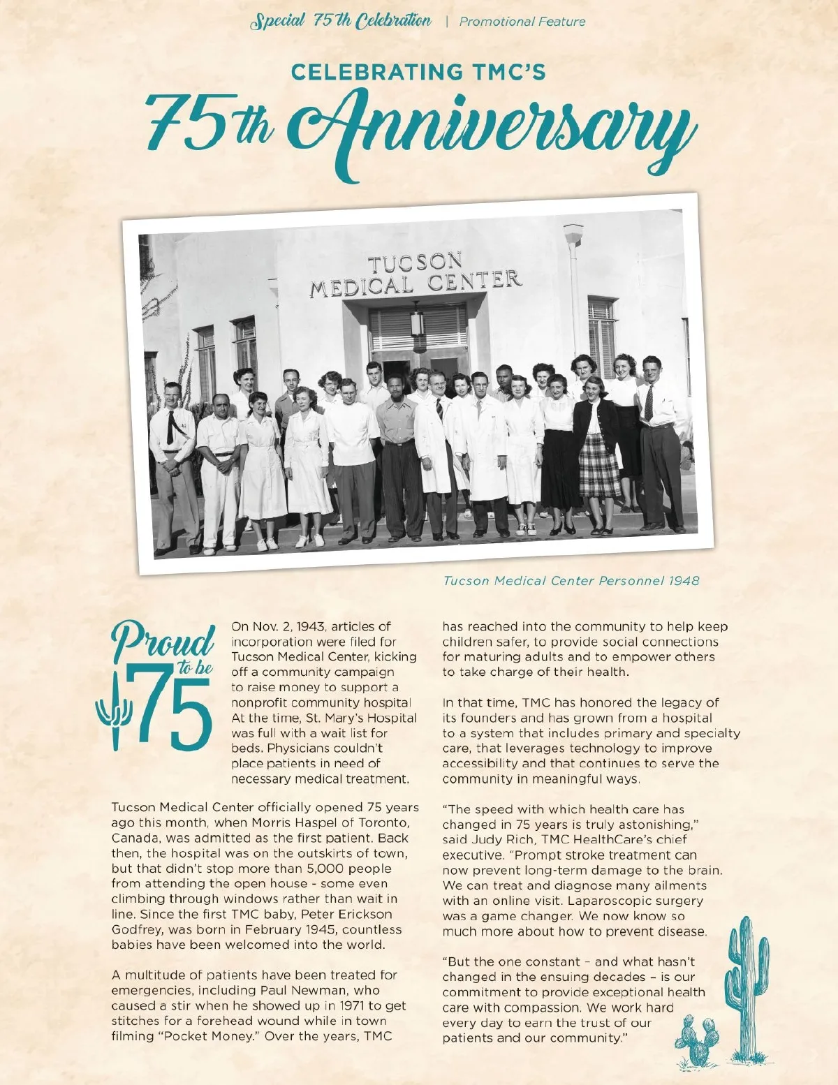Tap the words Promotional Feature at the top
pos(522,22)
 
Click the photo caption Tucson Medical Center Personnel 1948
pos(571,581)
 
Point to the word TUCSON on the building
pos(415,264)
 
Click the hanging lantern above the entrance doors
pos(417,323)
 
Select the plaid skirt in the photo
pos(599,464)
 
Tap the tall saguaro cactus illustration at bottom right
pos(746,984)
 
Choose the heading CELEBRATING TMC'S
pos(418,72)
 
